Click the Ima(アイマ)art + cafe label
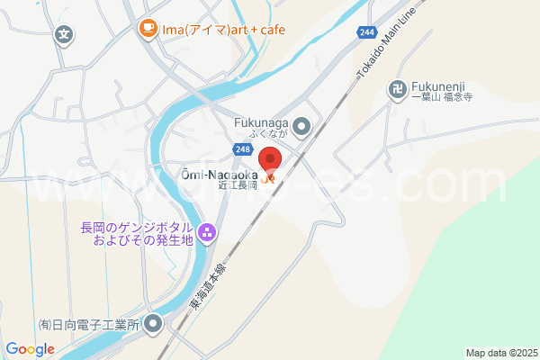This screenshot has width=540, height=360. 223,30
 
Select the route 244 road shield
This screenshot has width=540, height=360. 366,32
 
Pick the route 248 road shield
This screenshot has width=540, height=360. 240,149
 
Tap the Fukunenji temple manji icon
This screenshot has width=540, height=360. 397,88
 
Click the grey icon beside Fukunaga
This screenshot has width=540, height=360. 301,125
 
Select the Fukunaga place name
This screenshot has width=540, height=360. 260,122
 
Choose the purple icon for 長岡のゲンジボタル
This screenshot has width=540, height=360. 208,234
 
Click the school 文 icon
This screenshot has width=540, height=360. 64,35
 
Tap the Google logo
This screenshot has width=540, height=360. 30,348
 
